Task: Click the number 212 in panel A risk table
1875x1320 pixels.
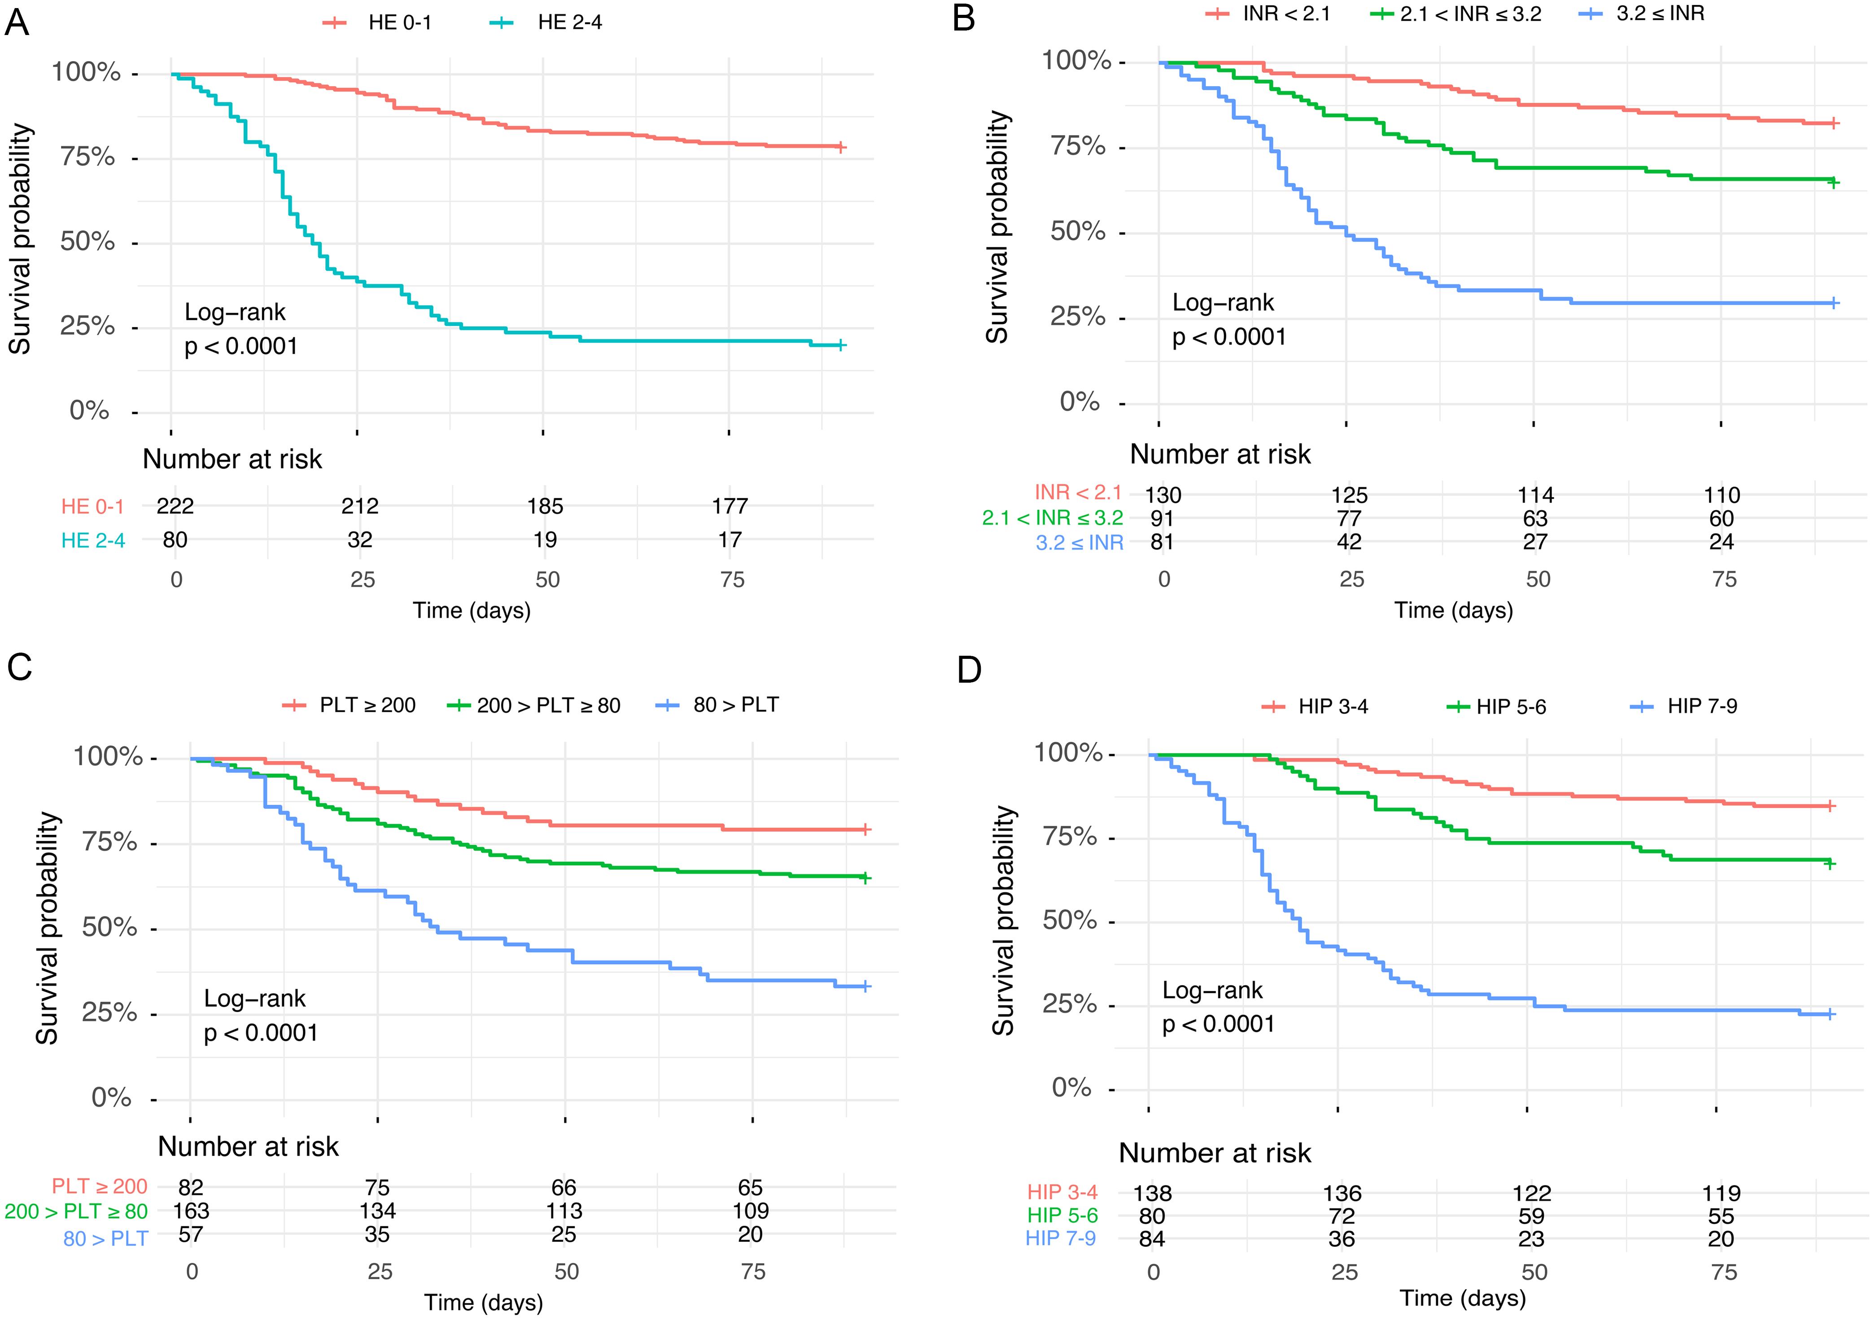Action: pyautogui.click(x=360, y=506)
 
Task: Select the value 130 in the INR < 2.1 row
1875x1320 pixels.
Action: pyautogui.click(x=1162, y=495)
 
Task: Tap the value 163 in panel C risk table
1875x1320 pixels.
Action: pyautogui.click(x=191, y=1210)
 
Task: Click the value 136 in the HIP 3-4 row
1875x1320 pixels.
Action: pyautogui.click(x=1342, y=1193)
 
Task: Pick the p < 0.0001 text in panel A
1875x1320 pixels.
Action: pyautogui.click(x=241, y=346)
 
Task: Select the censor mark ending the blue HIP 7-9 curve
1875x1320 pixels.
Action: pyautogui.click(x=1830, y=1014)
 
